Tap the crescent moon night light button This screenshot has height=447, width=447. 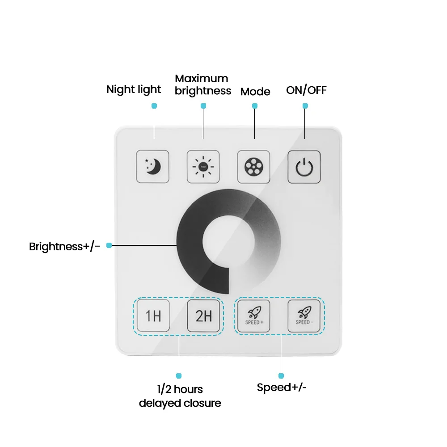pyautogui.click(x=152, y=166)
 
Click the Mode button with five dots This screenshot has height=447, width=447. pyautogui.click(x=253, y=166)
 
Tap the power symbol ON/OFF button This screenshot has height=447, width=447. pyautogui.click(x=304, y=166)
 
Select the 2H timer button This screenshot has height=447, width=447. pyautogui.click(x=203, y=316)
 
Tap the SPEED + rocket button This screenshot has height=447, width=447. pyautogui.click(x=254, y=316)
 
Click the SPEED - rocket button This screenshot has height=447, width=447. pyautogui.click(x=304, y=316)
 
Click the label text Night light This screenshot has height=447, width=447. pyautogui.click(x=133, y=89)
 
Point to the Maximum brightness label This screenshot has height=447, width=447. pyautogui.click(x=203, y=84)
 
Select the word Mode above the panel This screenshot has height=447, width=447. pyautogui.click(x=255, y=92)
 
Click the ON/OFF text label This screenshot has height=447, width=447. pyautogui.click(x=306, y=90)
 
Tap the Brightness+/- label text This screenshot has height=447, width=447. pyautogui.click(x=64, y=246)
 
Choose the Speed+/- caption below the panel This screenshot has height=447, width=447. pyautogui.click(x=282, y=387)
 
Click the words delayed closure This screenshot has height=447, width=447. pyautogui.click(x=180, y=403)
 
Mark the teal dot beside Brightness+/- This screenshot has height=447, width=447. pyautogui.click(x=109, y=245)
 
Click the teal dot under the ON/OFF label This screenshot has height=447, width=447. pyautogui.click(x=305, y=106)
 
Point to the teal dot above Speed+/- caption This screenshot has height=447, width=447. pyautogui.click(x=281, y=376)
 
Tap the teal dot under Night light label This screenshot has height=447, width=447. pyautogui.click(x=154, y=106)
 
